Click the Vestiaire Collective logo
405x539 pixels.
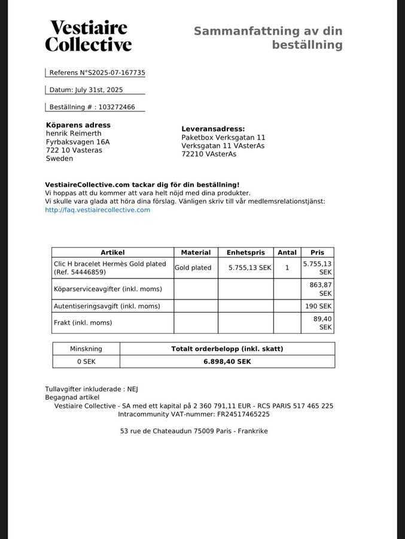(x=88, y=36)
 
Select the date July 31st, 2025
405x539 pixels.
(x=99, y=90)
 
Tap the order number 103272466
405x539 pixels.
(x=117, y=107)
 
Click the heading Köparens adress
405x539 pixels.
(x=78, y=125)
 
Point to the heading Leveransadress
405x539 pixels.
(x=213, y=129)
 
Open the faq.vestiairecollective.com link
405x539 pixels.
(x=98, y=210)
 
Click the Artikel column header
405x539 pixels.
(x=112, y=253)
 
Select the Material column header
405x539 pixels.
(x=196, y=253)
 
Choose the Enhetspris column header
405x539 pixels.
(x=245, y=253)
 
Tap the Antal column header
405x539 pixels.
(x=287, y=253)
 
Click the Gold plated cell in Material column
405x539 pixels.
(x=193, y=268)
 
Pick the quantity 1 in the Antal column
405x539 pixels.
(x=287, y=268)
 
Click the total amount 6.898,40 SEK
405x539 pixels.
(x=227, y=362)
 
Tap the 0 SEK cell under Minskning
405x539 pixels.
(x=86, y=362)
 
